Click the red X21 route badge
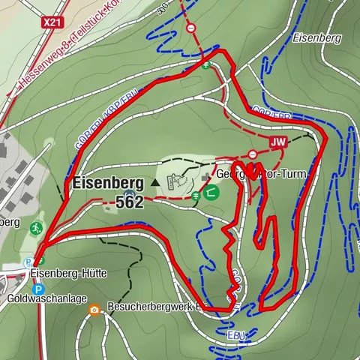(52, 22)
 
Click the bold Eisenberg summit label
(108, 182)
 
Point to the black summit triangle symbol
(155, 182)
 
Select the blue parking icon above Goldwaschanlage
(38, 288)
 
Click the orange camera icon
(95, 309)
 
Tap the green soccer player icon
(35, 226)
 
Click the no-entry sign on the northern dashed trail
(191, 28)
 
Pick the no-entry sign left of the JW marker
(253, 154)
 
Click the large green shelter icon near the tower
(211, 193)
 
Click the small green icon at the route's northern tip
(205, 64)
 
